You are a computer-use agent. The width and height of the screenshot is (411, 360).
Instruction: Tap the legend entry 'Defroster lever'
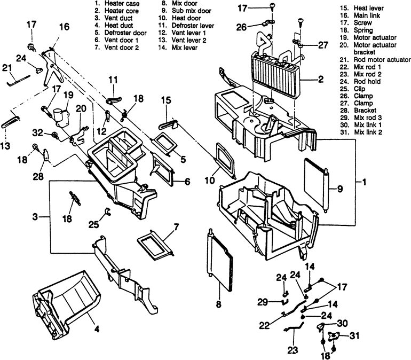(x=191, y=25)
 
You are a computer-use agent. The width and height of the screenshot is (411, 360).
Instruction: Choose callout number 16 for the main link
(x=64, y=27)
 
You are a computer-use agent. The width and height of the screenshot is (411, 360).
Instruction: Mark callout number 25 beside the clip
(x=93, y=225)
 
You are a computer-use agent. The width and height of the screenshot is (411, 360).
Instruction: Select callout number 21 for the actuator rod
(x=6, y=68)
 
